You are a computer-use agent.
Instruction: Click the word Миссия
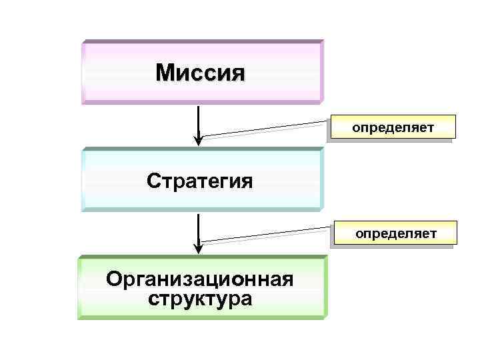[x=201, y=72]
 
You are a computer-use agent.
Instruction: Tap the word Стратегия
[x=200, y=181]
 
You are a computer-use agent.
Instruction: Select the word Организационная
[x=200, y=279]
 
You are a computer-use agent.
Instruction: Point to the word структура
[x=200, y=298]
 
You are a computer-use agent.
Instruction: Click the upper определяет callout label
[x=393, y=126]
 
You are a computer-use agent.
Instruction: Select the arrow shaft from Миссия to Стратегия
[x=199, y=120]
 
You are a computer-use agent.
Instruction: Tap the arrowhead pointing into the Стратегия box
[x=199, y=140]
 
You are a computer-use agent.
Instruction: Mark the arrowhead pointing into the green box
[x=199, y=248]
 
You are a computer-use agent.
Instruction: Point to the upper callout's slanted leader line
[x=267, y=129]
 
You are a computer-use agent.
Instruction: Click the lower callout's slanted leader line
[x=267, y=235]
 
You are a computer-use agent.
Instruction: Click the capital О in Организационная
[x=115, y=279]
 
